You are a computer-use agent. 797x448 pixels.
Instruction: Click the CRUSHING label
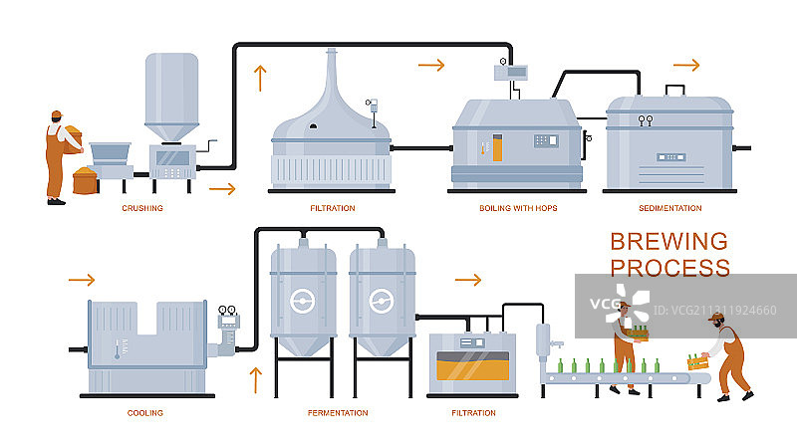(x=142, y=208)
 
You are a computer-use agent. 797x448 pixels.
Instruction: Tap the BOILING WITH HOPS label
(x=517, y=208)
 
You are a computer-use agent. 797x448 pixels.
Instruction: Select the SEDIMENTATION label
(x=670, y=208)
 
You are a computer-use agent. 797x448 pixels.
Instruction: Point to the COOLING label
(x=145, y=412)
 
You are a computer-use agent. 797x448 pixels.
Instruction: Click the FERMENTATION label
(x=338, y=412)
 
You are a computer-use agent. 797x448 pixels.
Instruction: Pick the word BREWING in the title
(x=668, y=241)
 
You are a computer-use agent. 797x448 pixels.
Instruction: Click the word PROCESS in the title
(x=669, y=267)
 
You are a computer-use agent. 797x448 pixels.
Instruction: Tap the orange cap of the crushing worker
(x=57, y=113)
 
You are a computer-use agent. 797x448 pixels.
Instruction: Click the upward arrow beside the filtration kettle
(x=262, y=78)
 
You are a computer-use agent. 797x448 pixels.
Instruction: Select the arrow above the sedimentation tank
(x=686, y=65)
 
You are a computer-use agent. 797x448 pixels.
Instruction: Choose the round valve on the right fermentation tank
(x=379, y=300)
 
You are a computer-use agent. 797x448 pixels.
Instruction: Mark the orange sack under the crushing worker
(x=85, y=181)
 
